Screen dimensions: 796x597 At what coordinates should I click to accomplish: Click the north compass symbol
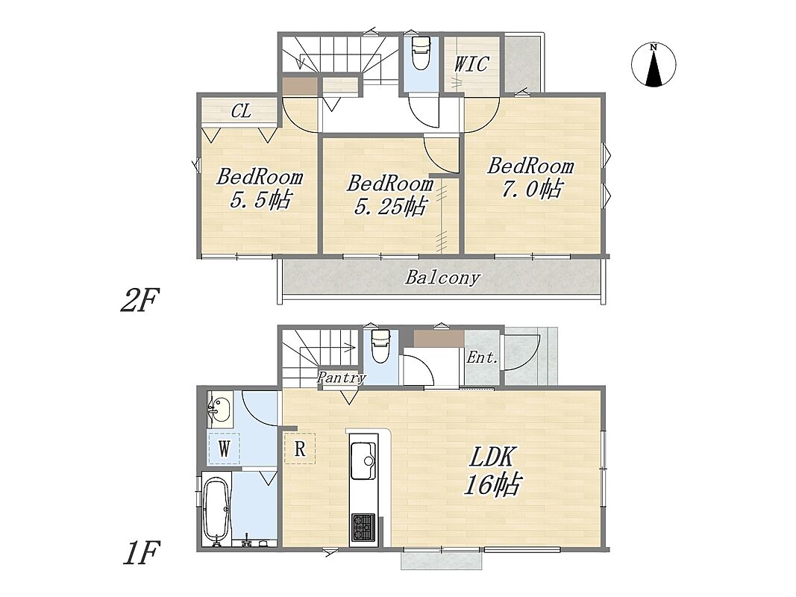[654, 64]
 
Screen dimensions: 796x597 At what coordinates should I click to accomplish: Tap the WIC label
[471, 64]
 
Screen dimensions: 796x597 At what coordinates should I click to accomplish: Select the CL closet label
[241, 110]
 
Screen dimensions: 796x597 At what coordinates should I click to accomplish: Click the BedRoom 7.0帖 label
[531, 178]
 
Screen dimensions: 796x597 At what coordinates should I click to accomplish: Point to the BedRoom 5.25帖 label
[390, 195]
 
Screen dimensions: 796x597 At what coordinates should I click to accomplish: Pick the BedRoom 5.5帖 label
[260, 188]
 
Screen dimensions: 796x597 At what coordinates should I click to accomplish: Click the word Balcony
[442, 278]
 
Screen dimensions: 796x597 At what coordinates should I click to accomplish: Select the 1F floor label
[142, 552]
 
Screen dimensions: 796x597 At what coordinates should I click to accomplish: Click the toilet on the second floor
[421, 53]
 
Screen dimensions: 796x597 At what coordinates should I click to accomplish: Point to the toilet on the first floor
[380, 346]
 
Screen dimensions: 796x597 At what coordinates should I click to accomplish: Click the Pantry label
[342, 378]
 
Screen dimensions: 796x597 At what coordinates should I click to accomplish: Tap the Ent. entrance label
[482, 358]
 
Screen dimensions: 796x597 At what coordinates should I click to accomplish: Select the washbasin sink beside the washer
[219, 409]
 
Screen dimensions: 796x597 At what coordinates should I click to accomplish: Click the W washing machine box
[224, 448]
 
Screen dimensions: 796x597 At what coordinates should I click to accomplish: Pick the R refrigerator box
[299, 448]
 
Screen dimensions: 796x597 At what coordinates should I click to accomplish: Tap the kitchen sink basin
[363, 460]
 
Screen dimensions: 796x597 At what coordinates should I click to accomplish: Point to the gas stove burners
[363, 527]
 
